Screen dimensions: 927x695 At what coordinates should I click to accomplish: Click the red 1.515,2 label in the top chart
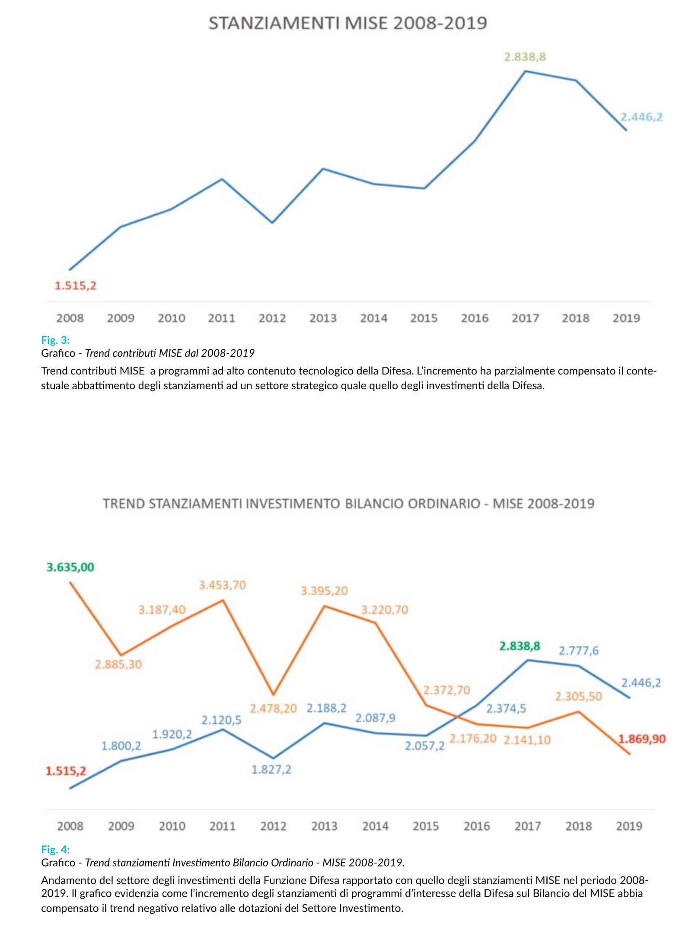[x=75, y=286]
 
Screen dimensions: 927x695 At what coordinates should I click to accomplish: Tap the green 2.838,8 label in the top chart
[x=525, y=57]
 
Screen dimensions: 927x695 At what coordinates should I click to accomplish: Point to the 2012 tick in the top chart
[x=272, y=318]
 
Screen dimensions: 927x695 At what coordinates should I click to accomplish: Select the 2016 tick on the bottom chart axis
[x=477, y=826]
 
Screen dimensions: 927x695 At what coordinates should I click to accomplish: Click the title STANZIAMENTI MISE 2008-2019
[x=347, y=23]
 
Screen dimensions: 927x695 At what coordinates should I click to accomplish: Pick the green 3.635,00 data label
[x=70, y=567]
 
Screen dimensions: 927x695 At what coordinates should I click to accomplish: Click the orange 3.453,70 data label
[x=222, y=585]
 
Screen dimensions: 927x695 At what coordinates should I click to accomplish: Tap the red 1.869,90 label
[x=642, y=739]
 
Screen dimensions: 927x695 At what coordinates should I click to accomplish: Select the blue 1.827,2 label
[x=271, y=769]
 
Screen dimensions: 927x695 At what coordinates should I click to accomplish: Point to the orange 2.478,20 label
[x=273, y=708]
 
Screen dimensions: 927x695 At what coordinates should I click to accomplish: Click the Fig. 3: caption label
[x=55, y=340]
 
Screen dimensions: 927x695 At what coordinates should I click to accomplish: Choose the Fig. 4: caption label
[x=55, y=849]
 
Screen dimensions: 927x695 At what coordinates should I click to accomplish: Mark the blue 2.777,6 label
[x=579, y=651]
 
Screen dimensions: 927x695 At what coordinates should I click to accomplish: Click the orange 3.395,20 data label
[x=324, y=591]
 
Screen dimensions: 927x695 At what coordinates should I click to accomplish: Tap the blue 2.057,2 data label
[x=424, y=746]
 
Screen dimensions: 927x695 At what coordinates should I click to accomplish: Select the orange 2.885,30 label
[x=118, y=664]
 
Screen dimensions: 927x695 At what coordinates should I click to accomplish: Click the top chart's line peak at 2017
[x=525, y=71]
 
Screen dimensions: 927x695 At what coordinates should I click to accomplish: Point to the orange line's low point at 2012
[x=273, y=694]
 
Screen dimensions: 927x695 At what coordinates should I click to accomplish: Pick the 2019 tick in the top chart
[x=626, y=318]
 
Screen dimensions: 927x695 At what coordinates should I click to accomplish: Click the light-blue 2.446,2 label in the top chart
[x=641, y=117]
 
